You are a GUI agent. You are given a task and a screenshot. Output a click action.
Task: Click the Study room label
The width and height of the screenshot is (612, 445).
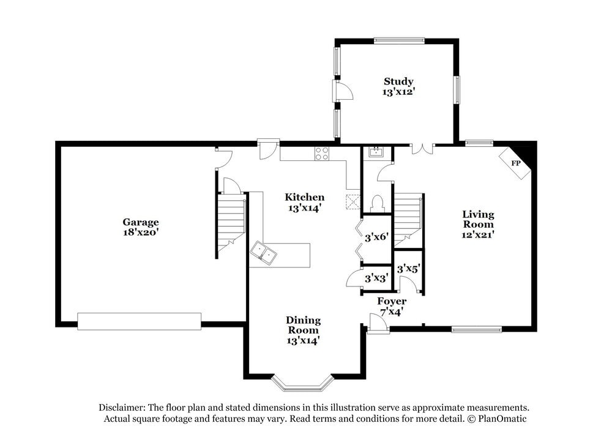point(398,81)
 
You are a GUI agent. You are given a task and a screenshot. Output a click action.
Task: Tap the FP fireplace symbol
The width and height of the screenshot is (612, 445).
point(515,163)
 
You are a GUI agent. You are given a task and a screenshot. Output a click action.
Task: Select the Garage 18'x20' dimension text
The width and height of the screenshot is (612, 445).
point(141,232)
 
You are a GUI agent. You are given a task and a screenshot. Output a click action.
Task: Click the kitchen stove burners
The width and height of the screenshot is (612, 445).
point(322,153)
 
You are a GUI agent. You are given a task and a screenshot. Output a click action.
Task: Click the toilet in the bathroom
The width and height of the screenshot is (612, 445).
point(378,204)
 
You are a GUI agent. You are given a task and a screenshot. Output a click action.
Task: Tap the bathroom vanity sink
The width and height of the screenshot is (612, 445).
point(376,152)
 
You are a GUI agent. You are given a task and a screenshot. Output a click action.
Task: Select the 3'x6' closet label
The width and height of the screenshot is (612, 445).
point(376,237)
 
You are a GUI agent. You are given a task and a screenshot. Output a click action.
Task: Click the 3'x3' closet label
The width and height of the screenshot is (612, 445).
point(376,279)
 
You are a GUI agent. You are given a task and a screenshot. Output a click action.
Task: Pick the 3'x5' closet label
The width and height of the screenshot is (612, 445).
point(408,269)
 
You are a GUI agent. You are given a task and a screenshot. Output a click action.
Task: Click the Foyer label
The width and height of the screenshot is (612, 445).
point(392,301)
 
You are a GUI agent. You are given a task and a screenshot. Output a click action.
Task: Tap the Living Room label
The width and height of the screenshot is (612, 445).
point(478,219)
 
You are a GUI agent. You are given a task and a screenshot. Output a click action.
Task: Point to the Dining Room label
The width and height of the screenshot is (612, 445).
point(304,325)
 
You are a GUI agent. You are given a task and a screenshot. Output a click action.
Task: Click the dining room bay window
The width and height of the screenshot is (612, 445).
point(303,383)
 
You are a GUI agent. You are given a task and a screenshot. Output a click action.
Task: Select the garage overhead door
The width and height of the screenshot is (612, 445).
point(140,321)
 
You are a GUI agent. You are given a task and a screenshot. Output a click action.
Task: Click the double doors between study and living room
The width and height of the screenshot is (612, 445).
point(422,149)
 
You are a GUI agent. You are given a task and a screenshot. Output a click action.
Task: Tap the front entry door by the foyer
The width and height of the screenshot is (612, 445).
point(378,324)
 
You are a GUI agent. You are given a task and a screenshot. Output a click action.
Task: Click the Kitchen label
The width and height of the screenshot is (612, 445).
point(304,197)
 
